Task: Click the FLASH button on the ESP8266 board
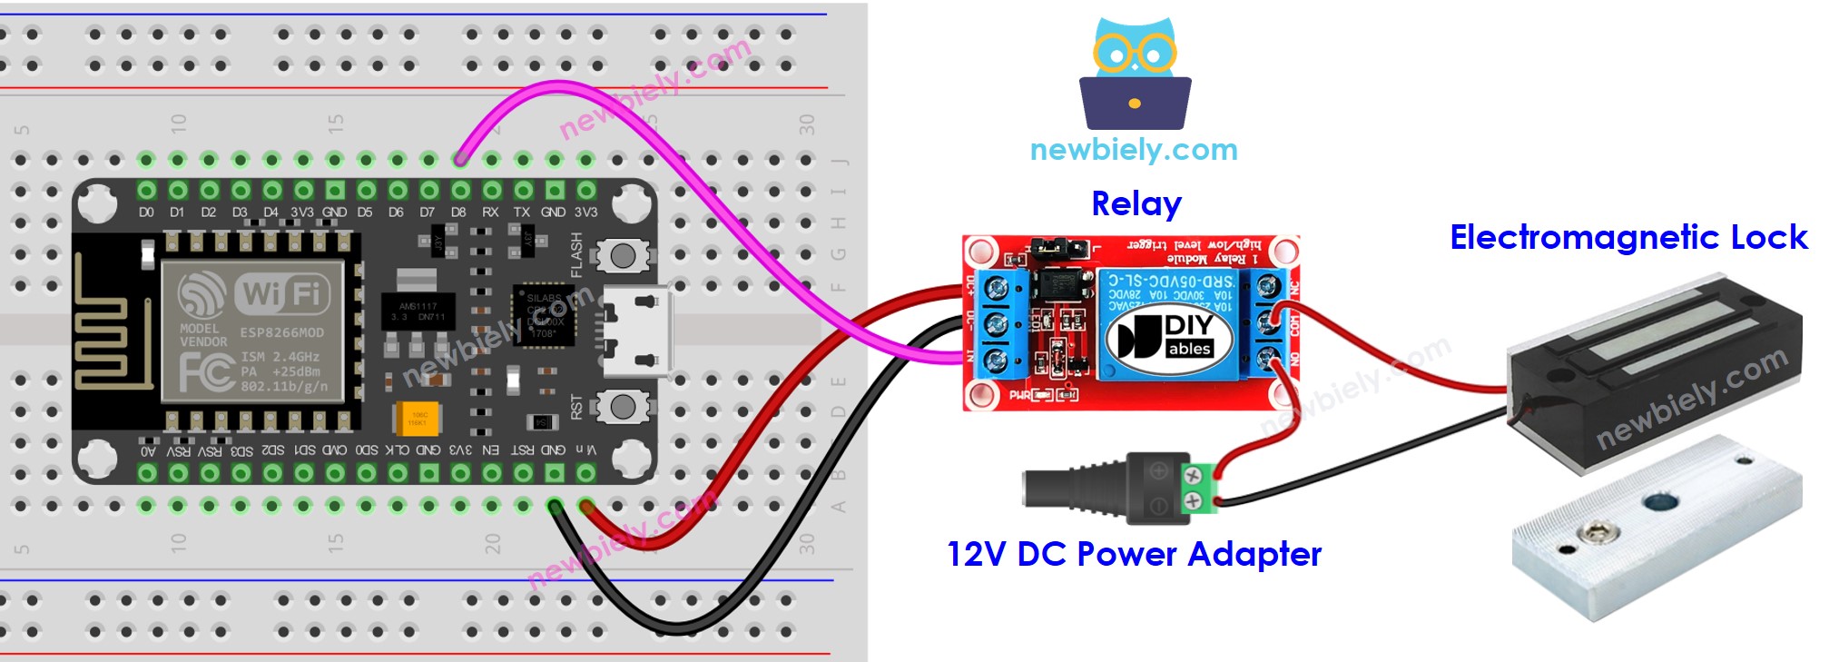[x=623, y=255]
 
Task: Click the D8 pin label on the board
[x=458, y=212]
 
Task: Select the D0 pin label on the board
[x=147, y=212]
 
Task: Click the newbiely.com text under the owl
[x=1134, y=150]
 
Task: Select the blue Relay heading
[x=1136, y=204]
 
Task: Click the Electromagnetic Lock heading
[x=1627, y=237]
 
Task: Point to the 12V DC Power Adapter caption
[x=1134, y=554]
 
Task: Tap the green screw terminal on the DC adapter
[x=1197, y=487]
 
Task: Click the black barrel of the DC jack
[x=1071, y=489]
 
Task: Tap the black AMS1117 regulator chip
[x=418, y=311]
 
